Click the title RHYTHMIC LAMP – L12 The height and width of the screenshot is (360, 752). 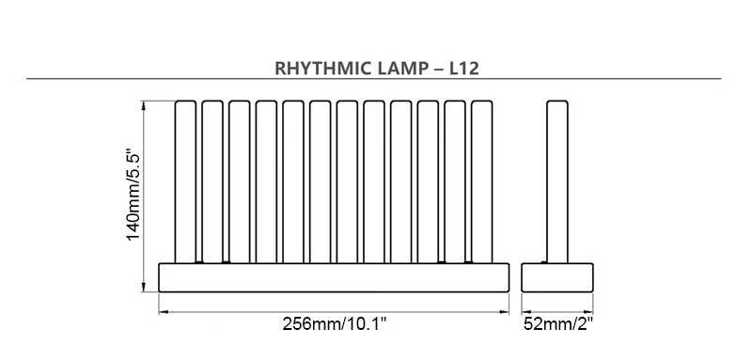point(377,68)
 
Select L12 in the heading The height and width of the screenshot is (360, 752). point(463,68)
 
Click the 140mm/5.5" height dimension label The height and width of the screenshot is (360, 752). point(134,196)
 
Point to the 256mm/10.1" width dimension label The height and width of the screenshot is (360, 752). point(335,324)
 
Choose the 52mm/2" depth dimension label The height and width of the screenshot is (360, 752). point(558,324)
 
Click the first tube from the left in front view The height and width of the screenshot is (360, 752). point(185,181)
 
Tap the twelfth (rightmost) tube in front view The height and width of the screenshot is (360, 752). point(481,181)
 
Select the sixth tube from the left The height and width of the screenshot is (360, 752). point(320,181)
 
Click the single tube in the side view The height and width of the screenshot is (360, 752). point(557,181)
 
